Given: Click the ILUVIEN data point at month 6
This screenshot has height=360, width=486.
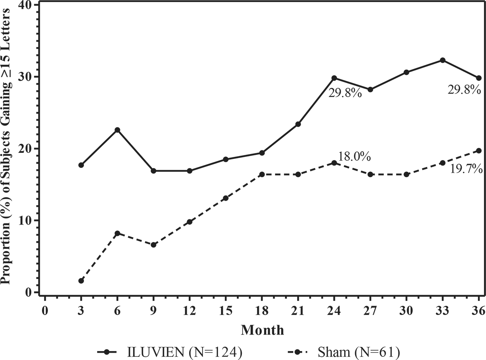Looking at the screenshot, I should [117, 130].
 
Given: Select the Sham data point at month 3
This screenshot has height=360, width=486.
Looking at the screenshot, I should [81, 281].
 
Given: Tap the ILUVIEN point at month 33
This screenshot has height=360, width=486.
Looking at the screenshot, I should [443, 60].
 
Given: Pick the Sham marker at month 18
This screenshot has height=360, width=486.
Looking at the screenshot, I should [262, 174].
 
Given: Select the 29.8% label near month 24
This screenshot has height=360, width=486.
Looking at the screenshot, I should [344, 93].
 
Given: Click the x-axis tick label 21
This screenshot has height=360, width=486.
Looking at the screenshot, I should [298, 311].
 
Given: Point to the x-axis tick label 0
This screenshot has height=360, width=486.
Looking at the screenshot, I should [45, 311].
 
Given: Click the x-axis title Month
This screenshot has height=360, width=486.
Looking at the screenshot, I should [262, 330].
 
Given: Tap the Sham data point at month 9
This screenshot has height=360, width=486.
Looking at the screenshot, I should [153, 245].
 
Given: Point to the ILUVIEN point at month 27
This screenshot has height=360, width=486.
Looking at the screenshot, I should [370, 90].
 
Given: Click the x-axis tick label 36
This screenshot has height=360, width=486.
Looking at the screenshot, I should [478, 311].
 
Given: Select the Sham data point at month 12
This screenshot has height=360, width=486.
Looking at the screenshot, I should [190, 222].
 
